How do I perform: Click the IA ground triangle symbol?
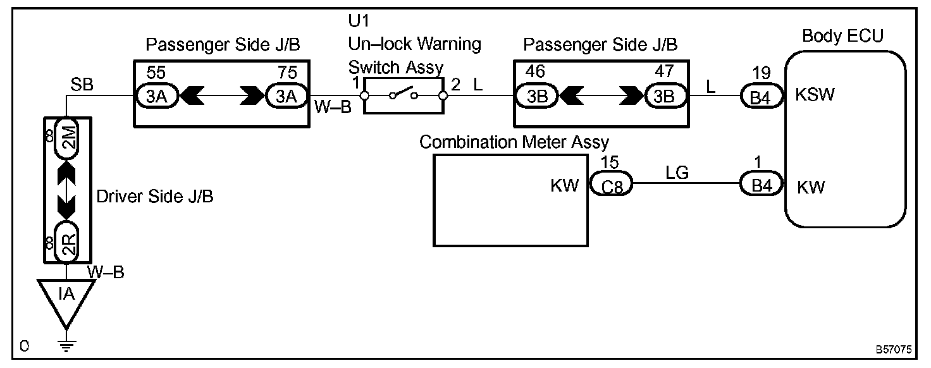pos(66,296)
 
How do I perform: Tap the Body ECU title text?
pos(842,36)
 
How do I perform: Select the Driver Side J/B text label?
pos(155,197)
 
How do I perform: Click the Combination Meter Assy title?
pos(514,142)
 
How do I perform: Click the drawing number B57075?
pos(894,349)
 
